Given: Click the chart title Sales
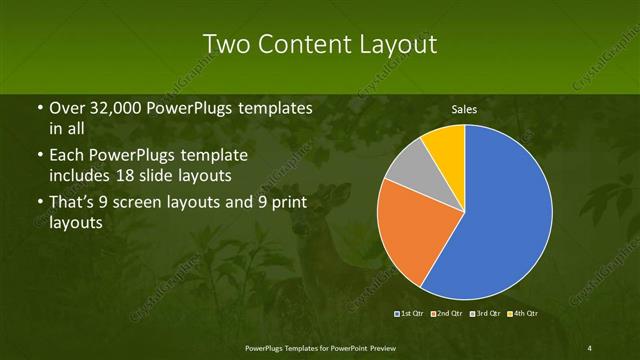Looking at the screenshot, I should (x=464, y=109).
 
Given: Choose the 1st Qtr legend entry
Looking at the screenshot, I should (x=410, y=315).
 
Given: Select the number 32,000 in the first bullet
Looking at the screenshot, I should (x=119, y=108).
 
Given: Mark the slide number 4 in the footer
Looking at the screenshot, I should (x=590, y=347).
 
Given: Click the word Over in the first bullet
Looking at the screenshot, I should (x=67, y=108).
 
